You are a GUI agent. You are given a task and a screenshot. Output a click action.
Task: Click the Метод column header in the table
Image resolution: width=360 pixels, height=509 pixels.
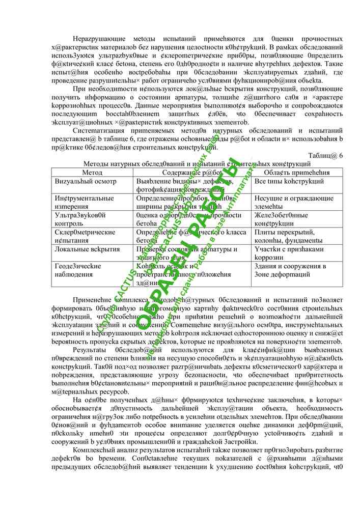[x=92, y=173]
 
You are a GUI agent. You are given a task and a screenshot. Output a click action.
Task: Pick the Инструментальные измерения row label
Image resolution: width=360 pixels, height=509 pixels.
[x=85, y=203]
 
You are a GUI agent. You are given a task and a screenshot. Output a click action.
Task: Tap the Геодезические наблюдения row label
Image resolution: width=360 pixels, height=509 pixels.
[x=78, y=270]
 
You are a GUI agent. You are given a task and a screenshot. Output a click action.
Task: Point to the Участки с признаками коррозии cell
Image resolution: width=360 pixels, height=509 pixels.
[x=289, y=253]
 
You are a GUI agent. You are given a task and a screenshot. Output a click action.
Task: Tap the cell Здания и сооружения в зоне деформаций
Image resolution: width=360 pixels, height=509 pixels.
[x=291, y=270]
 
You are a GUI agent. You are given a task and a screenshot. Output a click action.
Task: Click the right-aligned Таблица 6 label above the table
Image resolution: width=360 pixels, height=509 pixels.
[x=326, y=156]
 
